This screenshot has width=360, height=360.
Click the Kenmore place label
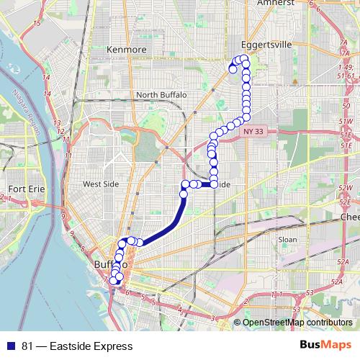tap(126, 49)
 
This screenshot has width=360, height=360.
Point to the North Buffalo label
tap(161, 94)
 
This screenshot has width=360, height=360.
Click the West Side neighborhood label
tap(100, 184)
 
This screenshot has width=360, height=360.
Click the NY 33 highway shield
tap(253, 131)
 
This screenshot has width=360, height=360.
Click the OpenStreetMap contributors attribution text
tap(297, 323)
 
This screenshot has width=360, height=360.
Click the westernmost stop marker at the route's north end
tap(233, 69)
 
